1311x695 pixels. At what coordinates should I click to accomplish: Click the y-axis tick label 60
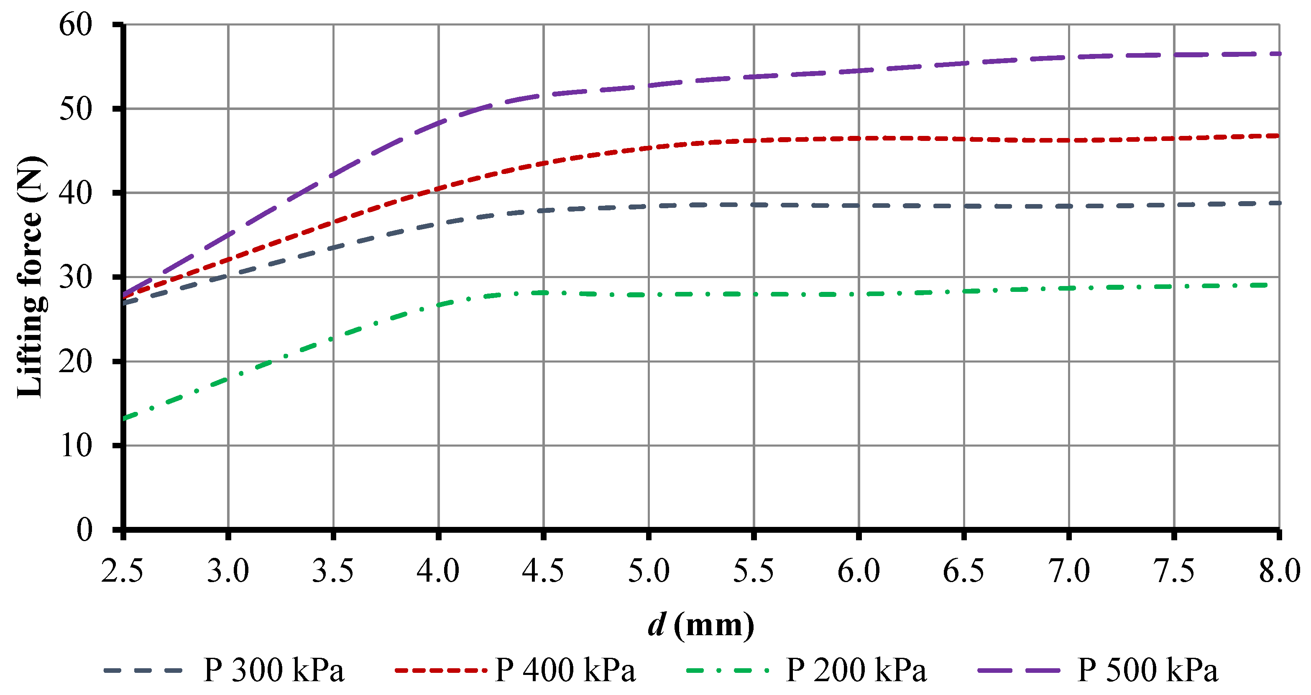(76, 24)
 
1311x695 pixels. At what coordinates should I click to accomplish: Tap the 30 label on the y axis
(76, 277)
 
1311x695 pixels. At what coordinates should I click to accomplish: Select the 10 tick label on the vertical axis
(76, 446)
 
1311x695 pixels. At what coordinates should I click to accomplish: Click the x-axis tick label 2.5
(122, 570)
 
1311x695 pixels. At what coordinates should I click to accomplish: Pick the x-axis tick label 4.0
(438, 570)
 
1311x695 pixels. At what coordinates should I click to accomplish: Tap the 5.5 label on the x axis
(754, 570)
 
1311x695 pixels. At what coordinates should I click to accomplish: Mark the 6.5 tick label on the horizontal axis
(964, 570)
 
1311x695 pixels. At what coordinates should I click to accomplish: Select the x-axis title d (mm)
(701, 625)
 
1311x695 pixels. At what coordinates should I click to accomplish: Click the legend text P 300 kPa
(274, 670)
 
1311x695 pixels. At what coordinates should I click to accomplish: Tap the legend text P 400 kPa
(565, 670)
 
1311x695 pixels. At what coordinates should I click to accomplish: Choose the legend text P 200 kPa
(856, 670)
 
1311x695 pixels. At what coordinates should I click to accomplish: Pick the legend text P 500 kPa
(1147, 670)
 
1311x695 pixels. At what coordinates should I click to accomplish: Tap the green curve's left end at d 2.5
(125, 418)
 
